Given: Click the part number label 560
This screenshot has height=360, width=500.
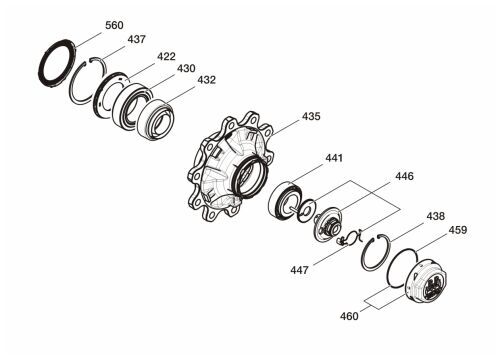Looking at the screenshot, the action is click(114, 25).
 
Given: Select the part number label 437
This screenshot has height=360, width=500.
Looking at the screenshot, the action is click(137, 39).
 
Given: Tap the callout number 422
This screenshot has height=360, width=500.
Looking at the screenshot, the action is click(166, 56).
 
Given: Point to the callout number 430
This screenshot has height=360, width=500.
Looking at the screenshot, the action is click(186, 68).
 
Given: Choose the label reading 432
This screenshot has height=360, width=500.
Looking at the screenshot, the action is click(207, 80).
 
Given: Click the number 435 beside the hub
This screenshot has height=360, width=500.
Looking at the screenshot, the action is click(311, 116).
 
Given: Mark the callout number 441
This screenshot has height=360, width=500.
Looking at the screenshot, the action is click(334, 158).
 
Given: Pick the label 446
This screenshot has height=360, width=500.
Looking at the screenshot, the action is click(404, 176).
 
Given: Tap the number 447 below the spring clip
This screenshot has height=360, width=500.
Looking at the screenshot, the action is click(299, 270).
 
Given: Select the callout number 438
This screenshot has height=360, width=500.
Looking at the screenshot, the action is click(436, 216).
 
